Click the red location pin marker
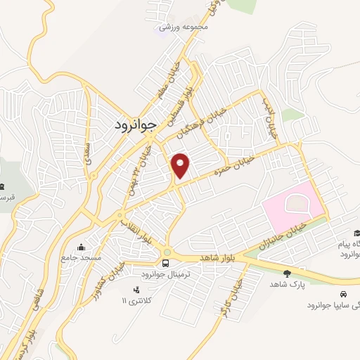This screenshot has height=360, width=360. click(x=181, y=166)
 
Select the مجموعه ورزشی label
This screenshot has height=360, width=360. click(x=185, y=27)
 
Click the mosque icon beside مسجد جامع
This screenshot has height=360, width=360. click(x=82, y=247)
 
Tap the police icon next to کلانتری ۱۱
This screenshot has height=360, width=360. click(x=136, y=289)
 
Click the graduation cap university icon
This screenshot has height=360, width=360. click(x=356, y=233)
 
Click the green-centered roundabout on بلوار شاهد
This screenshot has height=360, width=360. click(x=167, y=252)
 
